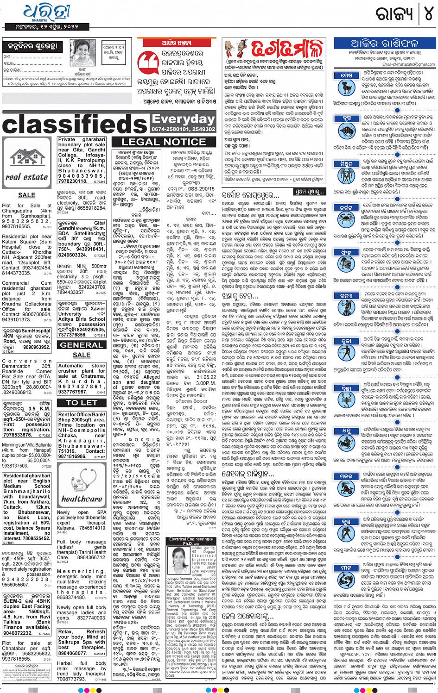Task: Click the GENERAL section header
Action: pyautogui.click(x=82, y=345)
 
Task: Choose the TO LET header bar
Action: pyautogui.click(x=82, y=403)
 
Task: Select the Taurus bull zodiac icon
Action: pyautogui.click(x=346, y=128)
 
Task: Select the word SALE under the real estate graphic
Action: pyautogui.click(x=26, y=195)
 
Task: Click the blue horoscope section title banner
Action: pyautogui.click(x=384, y=44)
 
